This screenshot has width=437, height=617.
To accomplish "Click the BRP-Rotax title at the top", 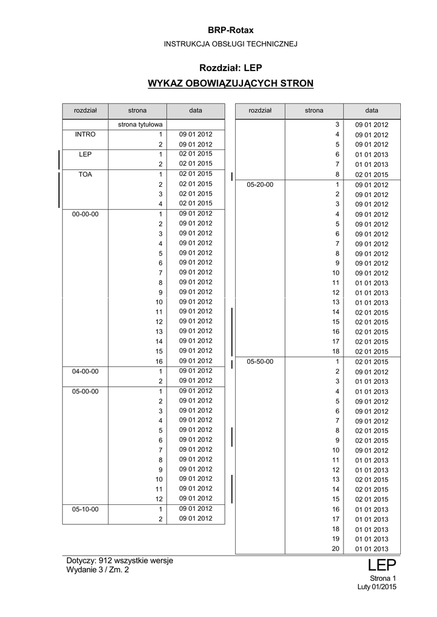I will [x=231, y=30].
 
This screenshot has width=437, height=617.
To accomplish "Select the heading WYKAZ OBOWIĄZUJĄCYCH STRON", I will [x=231, y=83].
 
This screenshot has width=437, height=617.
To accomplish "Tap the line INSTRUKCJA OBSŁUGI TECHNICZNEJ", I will [x=231, y=44].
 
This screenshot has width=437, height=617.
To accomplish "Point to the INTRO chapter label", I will [x=85, y=134].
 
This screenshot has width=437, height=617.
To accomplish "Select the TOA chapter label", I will [x=85, y=174].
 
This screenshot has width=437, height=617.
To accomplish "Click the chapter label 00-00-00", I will [x=85, y=214].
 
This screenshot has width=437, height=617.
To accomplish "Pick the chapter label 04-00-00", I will [x=85, y=371].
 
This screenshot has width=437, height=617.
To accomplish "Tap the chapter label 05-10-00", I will [x=85, y=509].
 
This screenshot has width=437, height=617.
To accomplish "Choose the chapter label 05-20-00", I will [x=260, y=184].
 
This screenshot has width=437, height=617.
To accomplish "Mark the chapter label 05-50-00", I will [x=260, y=362].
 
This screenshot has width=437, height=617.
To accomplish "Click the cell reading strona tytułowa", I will [x=137, y=124].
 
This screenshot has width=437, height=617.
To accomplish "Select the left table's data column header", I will [x=195, y=111].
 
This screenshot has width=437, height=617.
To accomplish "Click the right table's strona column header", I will [x=314, y=111].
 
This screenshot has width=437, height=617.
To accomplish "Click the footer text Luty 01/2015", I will [x=377, y=587].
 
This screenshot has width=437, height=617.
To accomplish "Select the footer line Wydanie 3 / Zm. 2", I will [x=98, y=569].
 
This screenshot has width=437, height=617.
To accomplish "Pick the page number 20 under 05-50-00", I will [x=336, y=548].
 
